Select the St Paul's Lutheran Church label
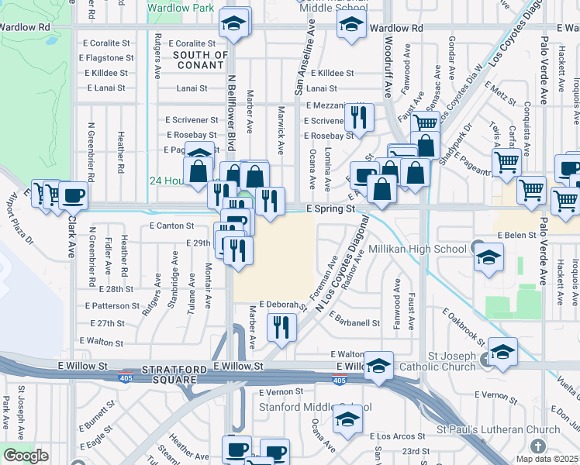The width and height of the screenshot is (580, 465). (497, 429)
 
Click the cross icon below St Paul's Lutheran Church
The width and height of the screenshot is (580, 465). (540, 446)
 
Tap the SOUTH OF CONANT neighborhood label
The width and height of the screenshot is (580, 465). (200, 60)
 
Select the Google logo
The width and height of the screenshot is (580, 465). (26, 456)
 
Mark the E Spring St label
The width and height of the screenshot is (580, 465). (330, 208)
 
